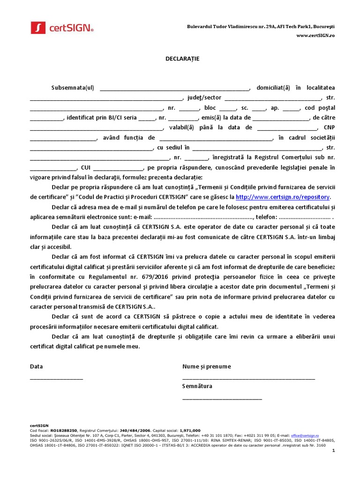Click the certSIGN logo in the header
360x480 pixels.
pyautogui.click(x=62, y=28)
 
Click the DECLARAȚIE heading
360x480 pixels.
pyautogui.click(x=180, y=59)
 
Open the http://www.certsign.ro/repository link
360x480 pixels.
pyautogui.click(x=283, y=197)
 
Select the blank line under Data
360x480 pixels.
pyautogui.click(x=56, y=378)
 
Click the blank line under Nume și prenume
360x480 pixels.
pyautogui.click(x=248, y=378)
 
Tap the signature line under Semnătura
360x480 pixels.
pyautogui.click(x=222, y=398)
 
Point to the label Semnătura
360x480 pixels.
pyautogui.click(x=197, y=386)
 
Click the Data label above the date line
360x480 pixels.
pyautogui.click(x=36, y=367)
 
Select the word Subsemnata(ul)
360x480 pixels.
pyautogui.click(x=73, y=88)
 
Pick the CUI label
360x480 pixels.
pyautogui.click(x=86, y=167)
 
